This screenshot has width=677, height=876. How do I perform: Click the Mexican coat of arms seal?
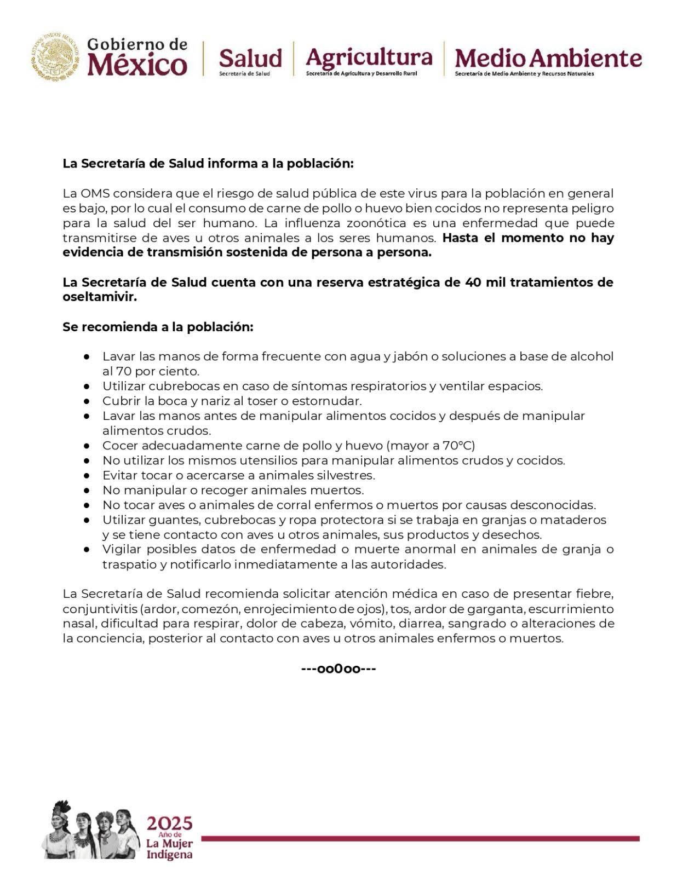point(55,56)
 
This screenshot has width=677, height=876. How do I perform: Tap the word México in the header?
point(137,65)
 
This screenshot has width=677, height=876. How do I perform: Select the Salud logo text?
point(250,58)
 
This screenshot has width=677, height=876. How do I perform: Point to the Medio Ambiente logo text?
point(548,58)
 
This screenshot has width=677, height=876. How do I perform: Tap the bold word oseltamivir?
point(99,297)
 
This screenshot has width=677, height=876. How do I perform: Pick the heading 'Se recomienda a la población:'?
point(158,327)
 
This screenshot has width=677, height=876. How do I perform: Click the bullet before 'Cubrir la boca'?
point(87,401)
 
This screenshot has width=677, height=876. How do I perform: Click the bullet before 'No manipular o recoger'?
point(87,489)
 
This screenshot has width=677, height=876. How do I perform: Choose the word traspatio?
point(130,564)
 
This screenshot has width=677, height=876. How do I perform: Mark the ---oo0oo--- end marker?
point(338,668)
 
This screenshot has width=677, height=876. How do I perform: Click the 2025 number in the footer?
point(169,823)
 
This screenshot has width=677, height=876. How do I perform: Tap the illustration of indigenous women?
point(90,829)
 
